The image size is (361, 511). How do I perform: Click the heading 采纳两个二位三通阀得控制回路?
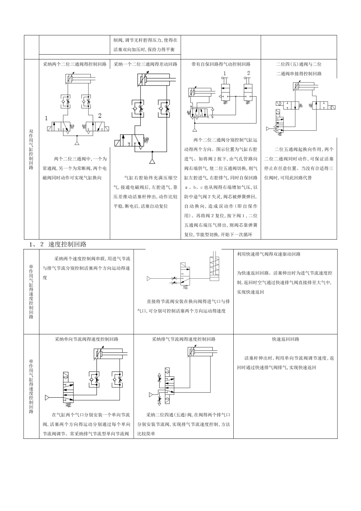tap(75, 65)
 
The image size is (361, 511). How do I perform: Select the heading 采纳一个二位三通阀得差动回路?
tap(146, 65)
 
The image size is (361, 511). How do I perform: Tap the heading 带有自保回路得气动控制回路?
tap(221, 65)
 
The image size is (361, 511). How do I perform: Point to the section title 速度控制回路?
tap(68, 244)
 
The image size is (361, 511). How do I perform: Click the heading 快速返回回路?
tap(285, 339)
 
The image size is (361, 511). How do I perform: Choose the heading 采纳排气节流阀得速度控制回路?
tap(184, 339)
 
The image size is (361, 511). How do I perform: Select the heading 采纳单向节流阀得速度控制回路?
tap(87, 339)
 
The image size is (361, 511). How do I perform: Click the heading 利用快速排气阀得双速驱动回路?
tap(269, 254)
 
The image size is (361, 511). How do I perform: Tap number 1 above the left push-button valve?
tap(224, 73)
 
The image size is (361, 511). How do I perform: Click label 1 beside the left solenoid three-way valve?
tap(46, 118)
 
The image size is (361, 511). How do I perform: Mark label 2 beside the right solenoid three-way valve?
tap(100, 115)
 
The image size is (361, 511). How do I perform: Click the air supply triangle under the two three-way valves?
tap(77, 143)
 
